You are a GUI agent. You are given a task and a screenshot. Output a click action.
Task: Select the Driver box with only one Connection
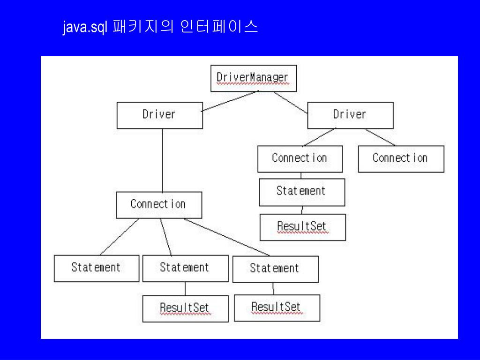coord(159,115)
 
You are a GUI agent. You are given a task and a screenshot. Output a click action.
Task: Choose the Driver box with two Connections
coord(350,115)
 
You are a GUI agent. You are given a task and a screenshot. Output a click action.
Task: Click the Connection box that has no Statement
coord(401,159)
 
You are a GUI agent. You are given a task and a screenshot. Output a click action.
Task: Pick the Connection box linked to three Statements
coord(158,205)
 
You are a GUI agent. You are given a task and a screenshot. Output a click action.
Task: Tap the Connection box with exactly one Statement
coord(300,159)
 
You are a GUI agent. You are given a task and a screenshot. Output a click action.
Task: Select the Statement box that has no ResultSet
coord(96,268)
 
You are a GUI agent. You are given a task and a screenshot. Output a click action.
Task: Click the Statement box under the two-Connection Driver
coord(301,192)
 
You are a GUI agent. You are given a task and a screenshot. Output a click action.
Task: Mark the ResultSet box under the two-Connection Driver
coord(302,227)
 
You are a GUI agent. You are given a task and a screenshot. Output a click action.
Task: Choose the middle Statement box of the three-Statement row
coord(185,268)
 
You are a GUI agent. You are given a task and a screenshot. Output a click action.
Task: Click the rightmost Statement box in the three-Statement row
coord(275,269)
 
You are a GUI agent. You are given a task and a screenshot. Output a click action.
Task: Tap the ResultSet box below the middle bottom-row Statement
coord(185,308)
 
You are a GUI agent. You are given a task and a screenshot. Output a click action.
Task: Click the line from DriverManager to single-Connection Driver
coord(230,101)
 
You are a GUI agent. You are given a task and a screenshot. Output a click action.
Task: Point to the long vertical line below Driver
coord(162,159)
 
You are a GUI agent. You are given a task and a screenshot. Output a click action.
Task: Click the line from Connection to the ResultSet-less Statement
coord(120,237)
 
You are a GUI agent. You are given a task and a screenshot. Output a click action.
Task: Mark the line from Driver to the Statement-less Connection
coord(381,137)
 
